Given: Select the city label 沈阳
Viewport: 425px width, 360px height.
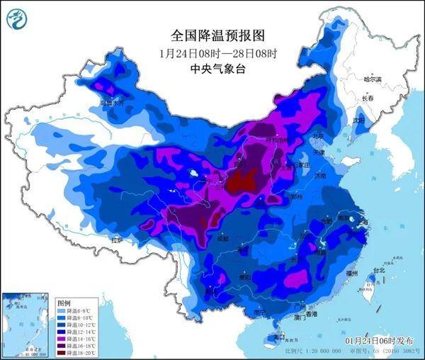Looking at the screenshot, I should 361,120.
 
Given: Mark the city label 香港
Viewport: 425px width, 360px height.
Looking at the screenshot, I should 310,314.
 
